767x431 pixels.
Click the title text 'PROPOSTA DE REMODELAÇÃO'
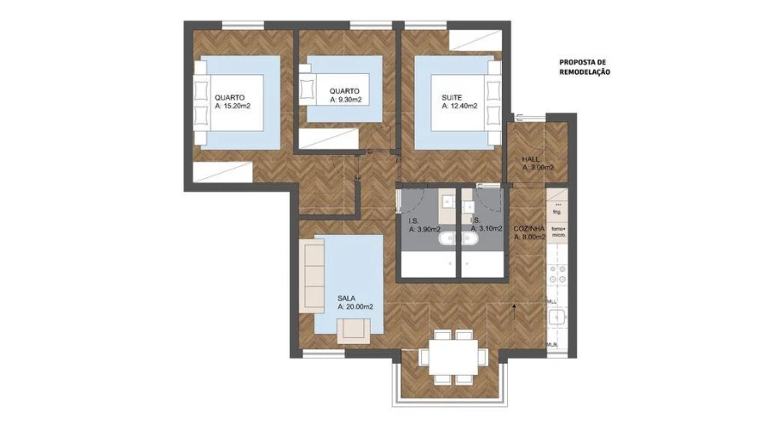pos(584,67)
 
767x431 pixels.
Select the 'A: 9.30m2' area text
pos(346,100)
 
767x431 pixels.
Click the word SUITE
pos(452,97)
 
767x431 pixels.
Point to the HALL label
pos(531,158)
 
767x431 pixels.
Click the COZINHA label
pos(528,229)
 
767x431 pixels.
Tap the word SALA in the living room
pos(346,298)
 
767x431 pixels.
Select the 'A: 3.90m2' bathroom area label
pos(424,229)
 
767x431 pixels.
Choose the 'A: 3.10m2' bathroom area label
pos(482,229)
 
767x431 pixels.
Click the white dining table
pos(452,354)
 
